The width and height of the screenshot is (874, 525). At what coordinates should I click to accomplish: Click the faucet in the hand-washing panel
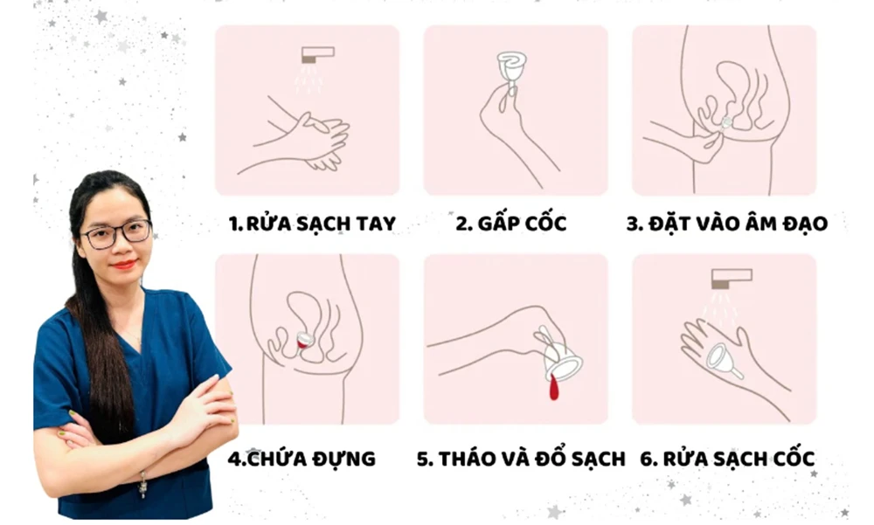click(318, 55)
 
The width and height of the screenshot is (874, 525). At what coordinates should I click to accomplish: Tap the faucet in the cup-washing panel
click(732, 279)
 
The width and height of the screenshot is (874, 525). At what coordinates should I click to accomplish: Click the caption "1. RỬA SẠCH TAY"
click(312, 223)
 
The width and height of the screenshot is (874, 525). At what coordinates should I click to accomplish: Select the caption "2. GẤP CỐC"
click(511, 223)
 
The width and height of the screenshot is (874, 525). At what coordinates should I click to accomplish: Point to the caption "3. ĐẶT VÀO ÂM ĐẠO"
click(727, 223)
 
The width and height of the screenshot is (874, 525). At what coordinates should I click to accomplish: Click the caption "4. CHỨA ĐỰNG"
click(302, 458)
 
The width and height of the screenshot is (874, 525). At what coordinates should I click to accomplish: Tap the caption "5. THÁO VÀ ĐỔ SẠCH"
click(521, 458)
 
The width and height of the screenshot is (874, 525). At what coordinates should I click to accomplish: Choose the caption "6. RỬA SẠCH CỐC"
click(727, 458)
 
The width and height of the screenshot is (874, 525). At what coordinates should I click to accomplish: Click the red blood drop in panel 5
click(553, 387)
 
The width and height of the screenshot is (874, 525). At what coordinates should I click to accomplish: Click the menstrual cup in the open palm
click(724, 359)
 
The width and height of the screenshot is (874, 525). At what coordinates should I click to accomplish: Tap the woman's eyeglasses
click(116, 233)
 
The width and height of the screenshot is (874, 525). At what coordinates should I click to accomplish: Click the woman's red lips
click(123, 264)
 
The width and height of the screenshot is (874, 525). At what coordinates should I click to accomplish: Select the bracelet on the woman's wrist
click(142, 484)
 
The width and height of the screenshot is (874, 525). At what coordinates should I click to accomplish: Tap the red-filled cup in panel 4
click(303, 340)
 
